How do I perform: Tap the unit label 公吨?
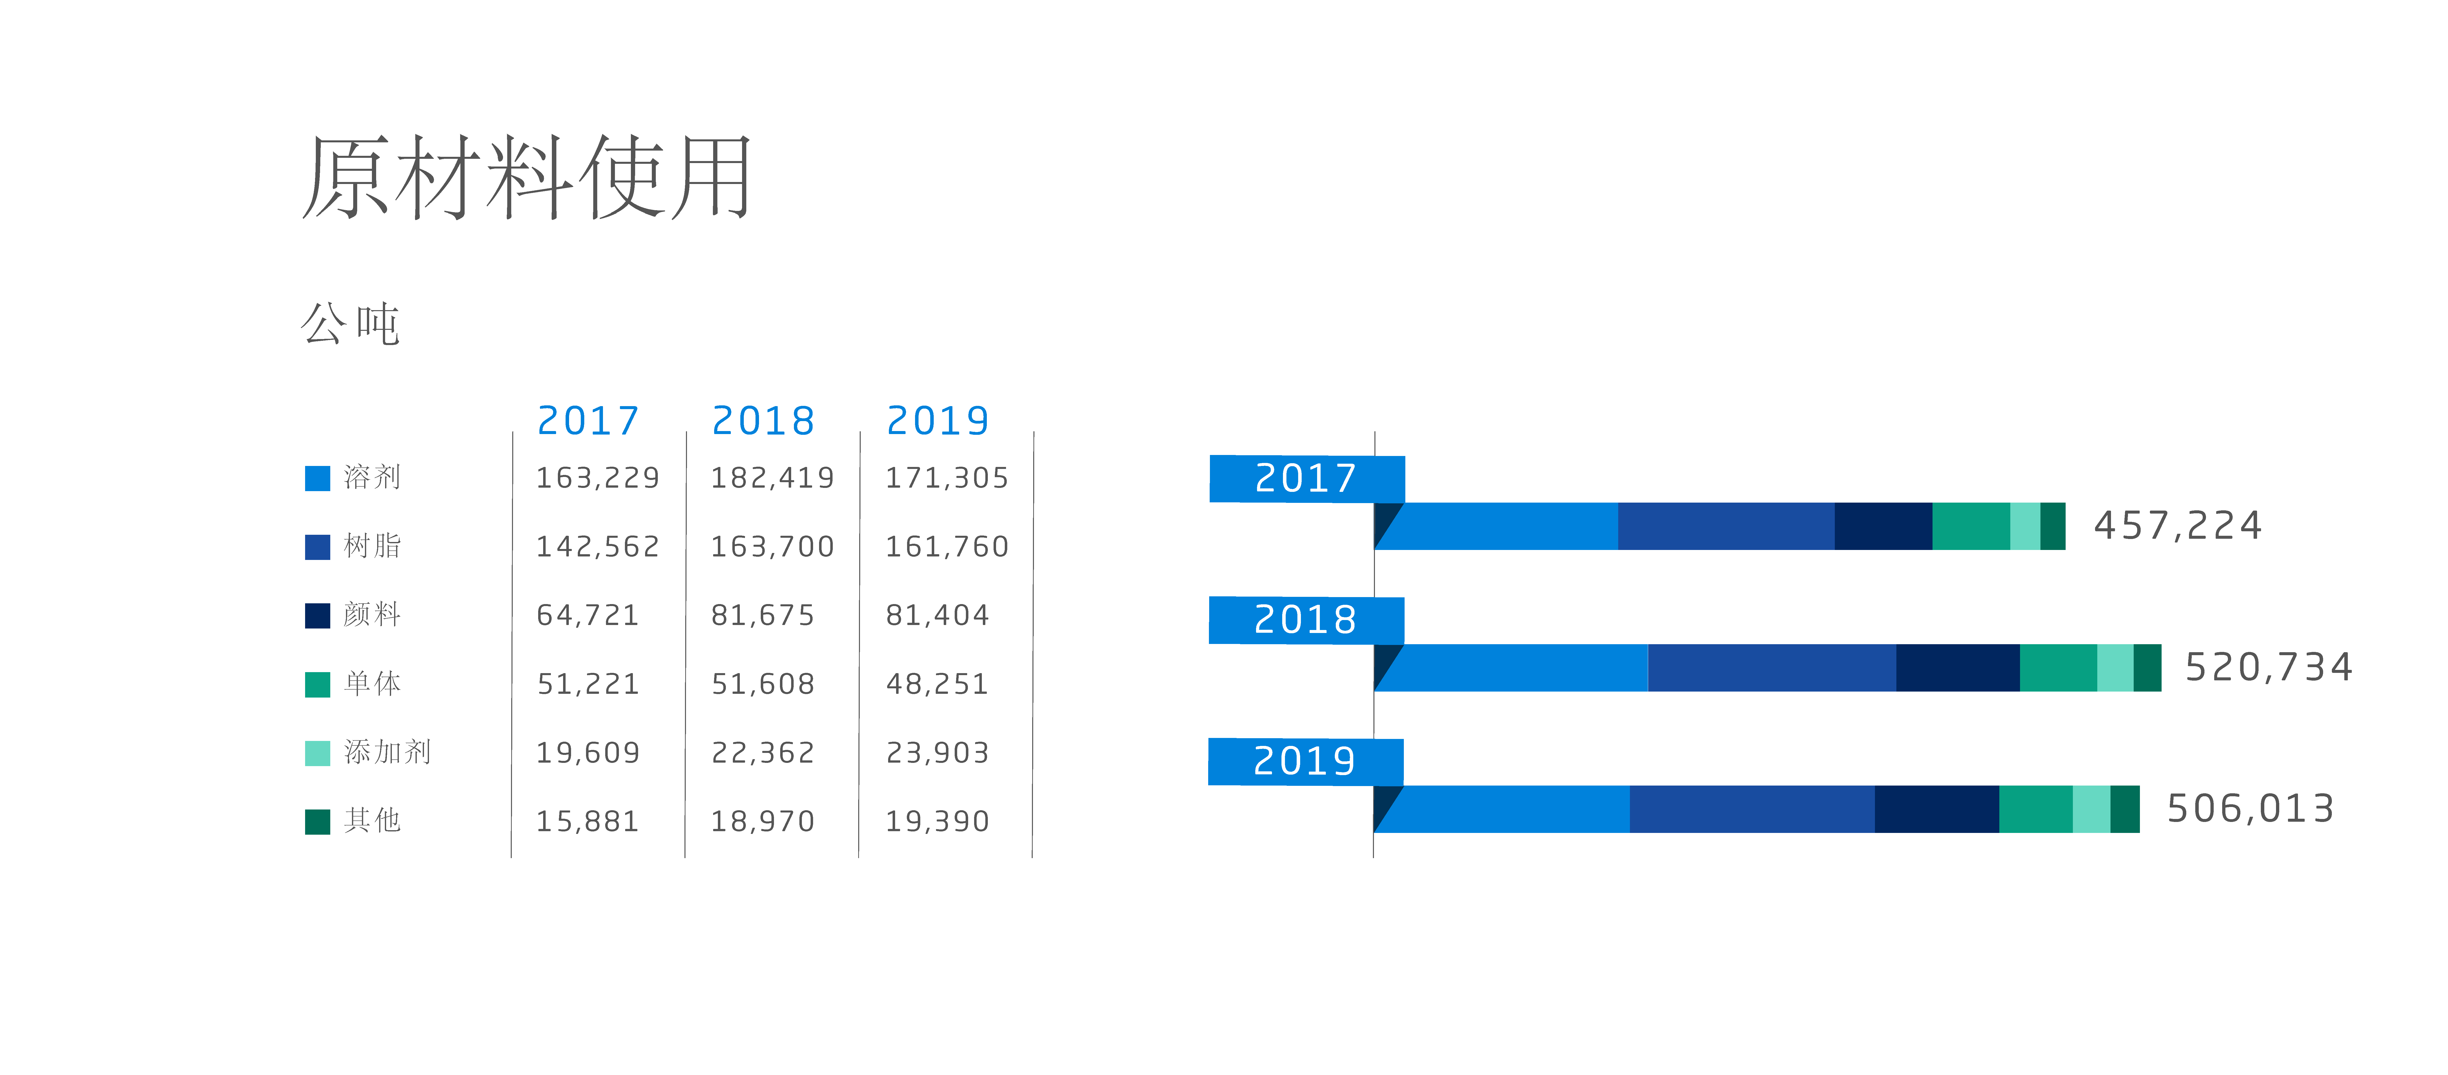[x=351, y=323]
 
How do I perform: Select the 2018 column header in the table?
[x=763, y=420]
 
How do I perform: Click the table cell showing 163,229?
[x=598, y=477]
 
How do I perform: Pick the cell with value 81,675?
[x=763, y=615]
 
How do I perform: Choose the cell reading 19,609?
[x=588, y=753]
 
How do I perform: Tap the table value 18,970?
[x=763, y=821]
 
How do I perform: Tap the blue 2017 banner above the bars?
[x=1307, y=478]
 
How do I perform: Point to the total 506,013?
[x=2250, y=809]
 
